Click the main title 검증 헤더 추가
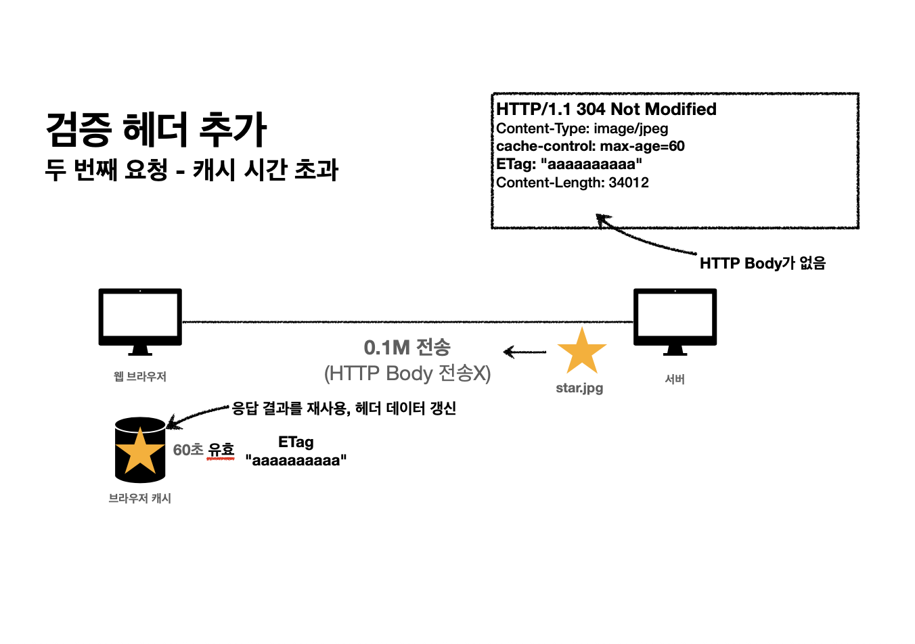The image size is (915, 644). [x=156, y=129]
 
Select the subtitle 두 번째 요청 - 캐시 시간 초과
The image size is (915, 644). [x=192, y=170]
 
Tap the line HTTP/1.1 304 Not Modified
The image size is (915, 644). [x=606, y=110]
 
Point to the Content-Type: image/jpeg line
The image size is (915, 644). [x=582, y=129]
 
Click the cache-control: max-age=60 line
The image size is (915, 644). [x=590, y=146]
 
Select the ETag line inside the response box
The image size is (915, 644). [x=568, y=164]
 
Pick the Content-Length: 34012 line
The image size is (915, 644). [x=573, y=183]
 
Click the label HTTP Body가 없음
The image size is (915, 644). [x=763, y=263]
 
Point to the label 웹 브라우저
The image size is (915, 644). [x=140, y=376]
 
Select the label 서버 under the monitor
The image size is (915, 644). [x=675, y=379]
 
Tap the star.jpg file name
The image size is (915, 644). [x=579, y=388]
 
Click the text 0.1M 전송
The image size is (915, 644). [x=407, y=348]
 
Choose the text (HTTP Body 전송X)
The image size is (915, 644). [x=407, y=373]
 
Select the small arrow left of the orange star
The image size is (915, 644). [x=525, y=352]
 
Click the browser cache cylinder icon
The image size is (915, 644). [x=140, y=450]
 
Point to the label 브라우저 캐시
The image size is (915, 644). [x=140, y=499]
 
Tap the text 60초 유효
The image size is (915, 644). [x=204, y=450]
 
